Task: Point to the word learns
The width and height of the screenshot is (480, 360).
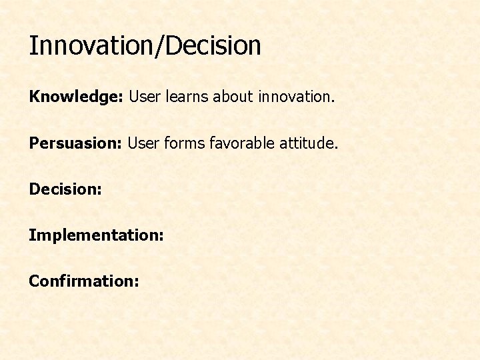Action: pyautogui.click(x=187, y=97)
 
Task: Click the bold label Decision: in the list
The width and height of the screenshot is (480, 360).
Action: pyautogui.click(x=65, y=189)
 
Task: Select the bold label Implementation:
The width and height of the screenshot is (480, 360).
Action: pyautogui.click(x=96, y=235)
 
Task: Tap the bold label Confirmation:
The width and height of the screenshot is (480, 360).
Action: pyautogui.click(x=84, y=281)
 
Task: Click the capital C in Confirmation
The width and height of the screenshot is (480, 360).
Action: pyautogui.click(x=34, y=281)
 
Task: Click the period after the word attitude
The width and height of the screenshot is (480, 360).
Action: pyautogui.click(x=337, y=147)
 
